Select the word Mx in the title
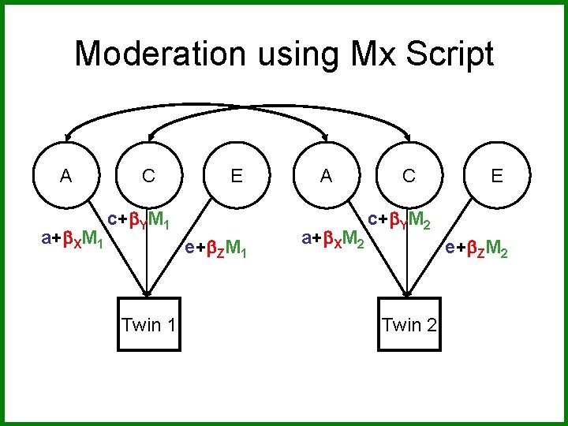(x=376, y=54)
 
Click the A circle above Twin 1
(x=66, y=176)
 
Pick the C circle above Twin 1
(x=148, y=176)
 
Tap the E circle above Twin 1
(x=236, y=176)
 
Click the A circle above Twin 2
(x=326, y=176)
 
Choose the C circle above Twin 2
(x=408, y=176)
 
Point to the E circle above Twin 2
(x=496, y=176)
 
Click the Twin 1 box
(x=148, y=324)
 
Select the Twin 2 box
(x=409, y=324)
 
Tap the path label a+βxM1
(x=73, y=237)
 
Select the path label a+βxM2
(x=334, y=237)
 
